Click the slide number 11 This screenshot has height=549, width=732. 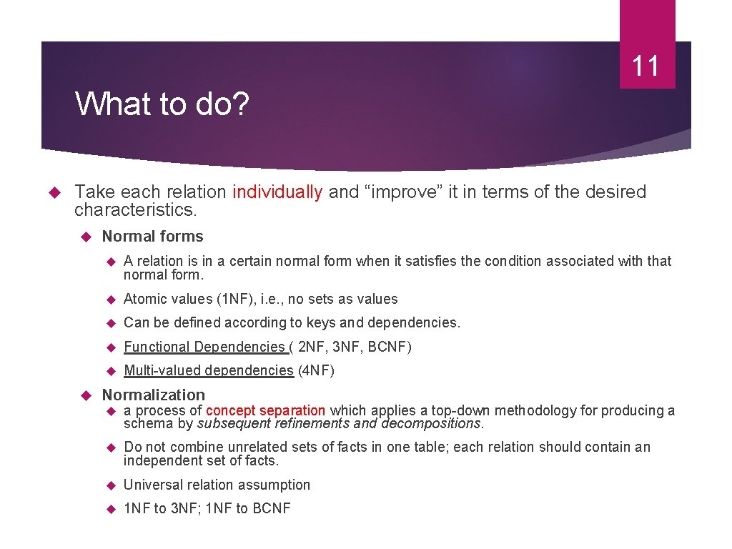point(646,66)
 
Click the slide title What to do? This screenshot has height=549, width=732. point(162,104)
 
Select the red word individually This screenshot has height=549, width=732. point(277,192)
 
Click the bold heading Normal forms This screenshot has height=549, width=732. point(152,237)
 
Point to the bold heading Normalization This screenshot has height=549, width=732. point(153,395)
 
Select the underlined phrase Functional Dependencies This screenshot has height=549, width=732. point(204,347)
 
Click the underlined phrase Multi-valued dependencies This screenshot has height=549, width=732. point(208,370)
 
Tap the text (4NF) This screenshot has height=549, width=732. point(316,370)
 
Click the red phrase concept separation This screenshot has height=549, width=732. point(265,411)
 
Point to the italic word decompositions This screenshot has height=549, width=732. point(432,423)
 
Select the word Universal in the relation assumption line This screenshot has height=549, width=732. point(152,485)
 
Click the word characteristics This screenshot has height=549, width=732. point(134,209)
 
